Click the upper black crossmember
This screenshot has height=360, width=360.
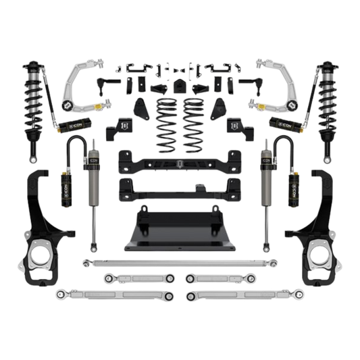[179, 161]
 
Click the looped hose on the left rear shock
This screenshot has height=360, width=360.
[78, 146]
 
